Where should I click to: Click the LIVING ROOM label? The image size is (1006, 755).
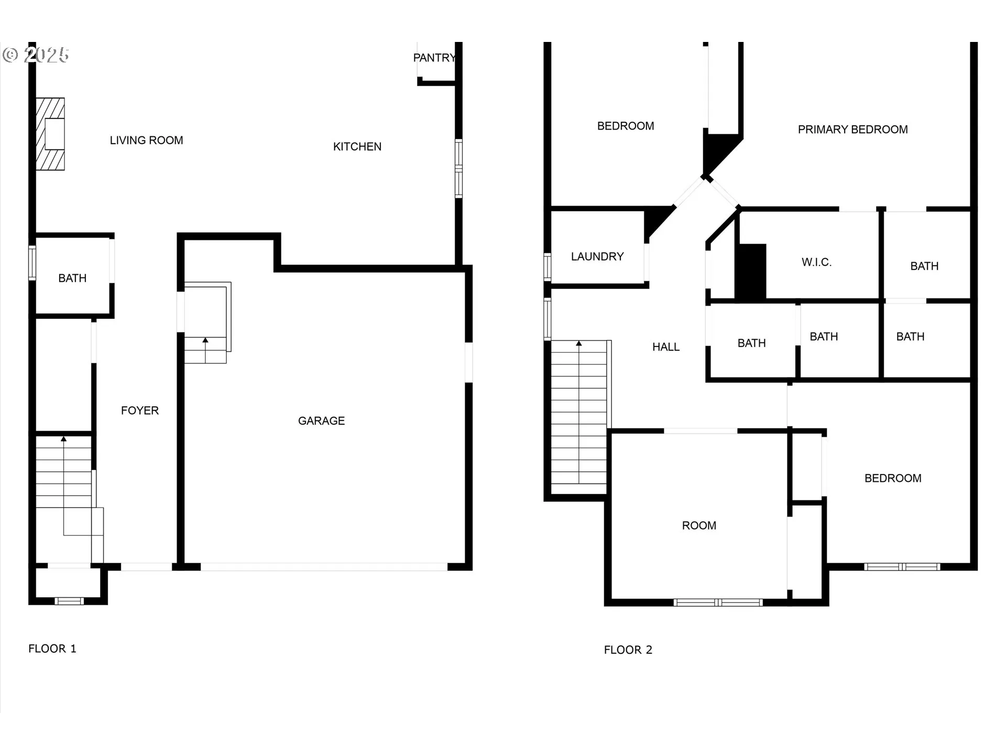click(146, 141)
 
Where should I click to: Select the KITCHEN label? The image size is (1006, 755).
click(357, 147)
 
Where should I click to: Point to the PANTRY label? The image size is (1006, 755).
click(434, 58)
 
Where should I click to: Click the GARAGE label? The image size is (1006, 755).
click(321, 421)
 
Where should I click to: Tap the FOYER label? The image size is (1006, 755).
click(139, 411)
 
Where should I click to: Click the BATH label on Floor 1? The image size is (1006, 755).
click(72, 278)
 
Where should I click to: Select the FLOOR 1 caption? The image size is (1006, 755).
click(52, 649)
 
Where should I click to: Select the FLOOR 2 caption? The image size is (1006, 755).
click(628, 650)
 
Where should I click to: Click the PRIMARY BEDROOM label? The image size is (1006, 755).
click(852, 130)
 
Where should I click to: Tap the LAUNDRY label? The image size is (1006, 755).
click(597, 257)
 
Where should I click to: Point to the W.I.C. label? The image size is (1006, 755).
click(816, 263)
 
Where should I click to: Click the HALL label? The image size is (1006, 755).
click(665, 347)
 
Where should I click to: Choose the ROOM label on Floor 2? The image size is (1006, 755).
click(699, 526)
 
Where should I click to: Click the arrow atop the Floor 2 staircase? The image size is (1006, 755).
click(579, 344)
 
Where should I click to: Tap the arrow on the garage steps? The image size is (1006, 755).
click(205, 341)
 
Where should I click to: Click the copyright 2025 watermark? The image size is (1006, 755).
click(36, 55)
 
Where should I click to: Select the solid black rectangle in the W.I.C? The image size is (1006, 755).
click(751, 272)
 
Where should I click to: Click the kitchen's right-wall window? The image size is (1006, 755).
click(458, 168)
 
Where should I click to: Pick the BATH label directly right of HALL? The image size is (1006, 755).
click(751, 343)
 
